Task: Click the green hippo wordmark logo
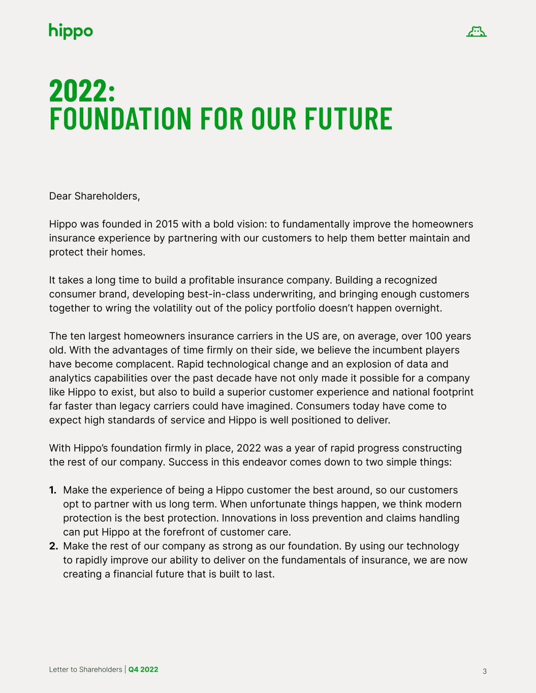click(x=71, y=31)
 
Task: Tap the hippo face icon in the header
click(x=476, y=32)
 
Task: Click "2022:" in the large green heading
click(x=82, y=91)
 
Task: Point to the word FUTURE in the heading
click(x=348, y=118)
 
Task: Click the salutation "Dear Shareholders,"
click(x=94, y=196)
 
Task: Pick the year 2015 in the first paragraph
click(x=167, y=224)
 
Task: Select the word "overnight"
click(x=418, y=308)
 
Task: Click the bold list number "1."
click(x=53, y=490)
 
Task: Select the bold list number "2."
click(x=53, y=546)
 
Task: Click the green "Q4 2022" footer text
click(x=143, y=669)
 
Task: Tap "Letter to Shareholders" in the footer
click(x=85, y=669)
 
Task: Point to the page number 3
click(x=484, y=671)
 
